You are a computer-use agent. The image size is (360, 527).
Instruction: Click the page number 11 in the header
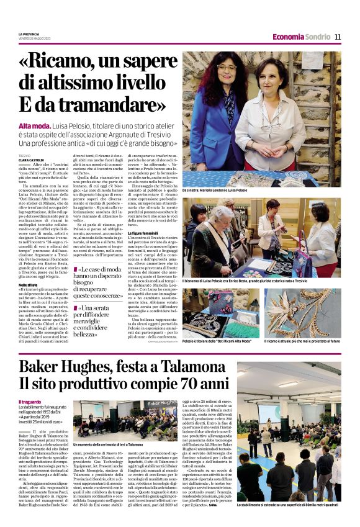click(338, 37)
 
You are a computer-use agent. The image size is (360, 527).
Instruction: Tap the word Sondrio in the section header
click(318, 37)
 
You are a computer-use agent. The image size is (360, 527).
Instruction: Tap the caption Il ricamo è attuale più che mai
click(302, 341)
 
